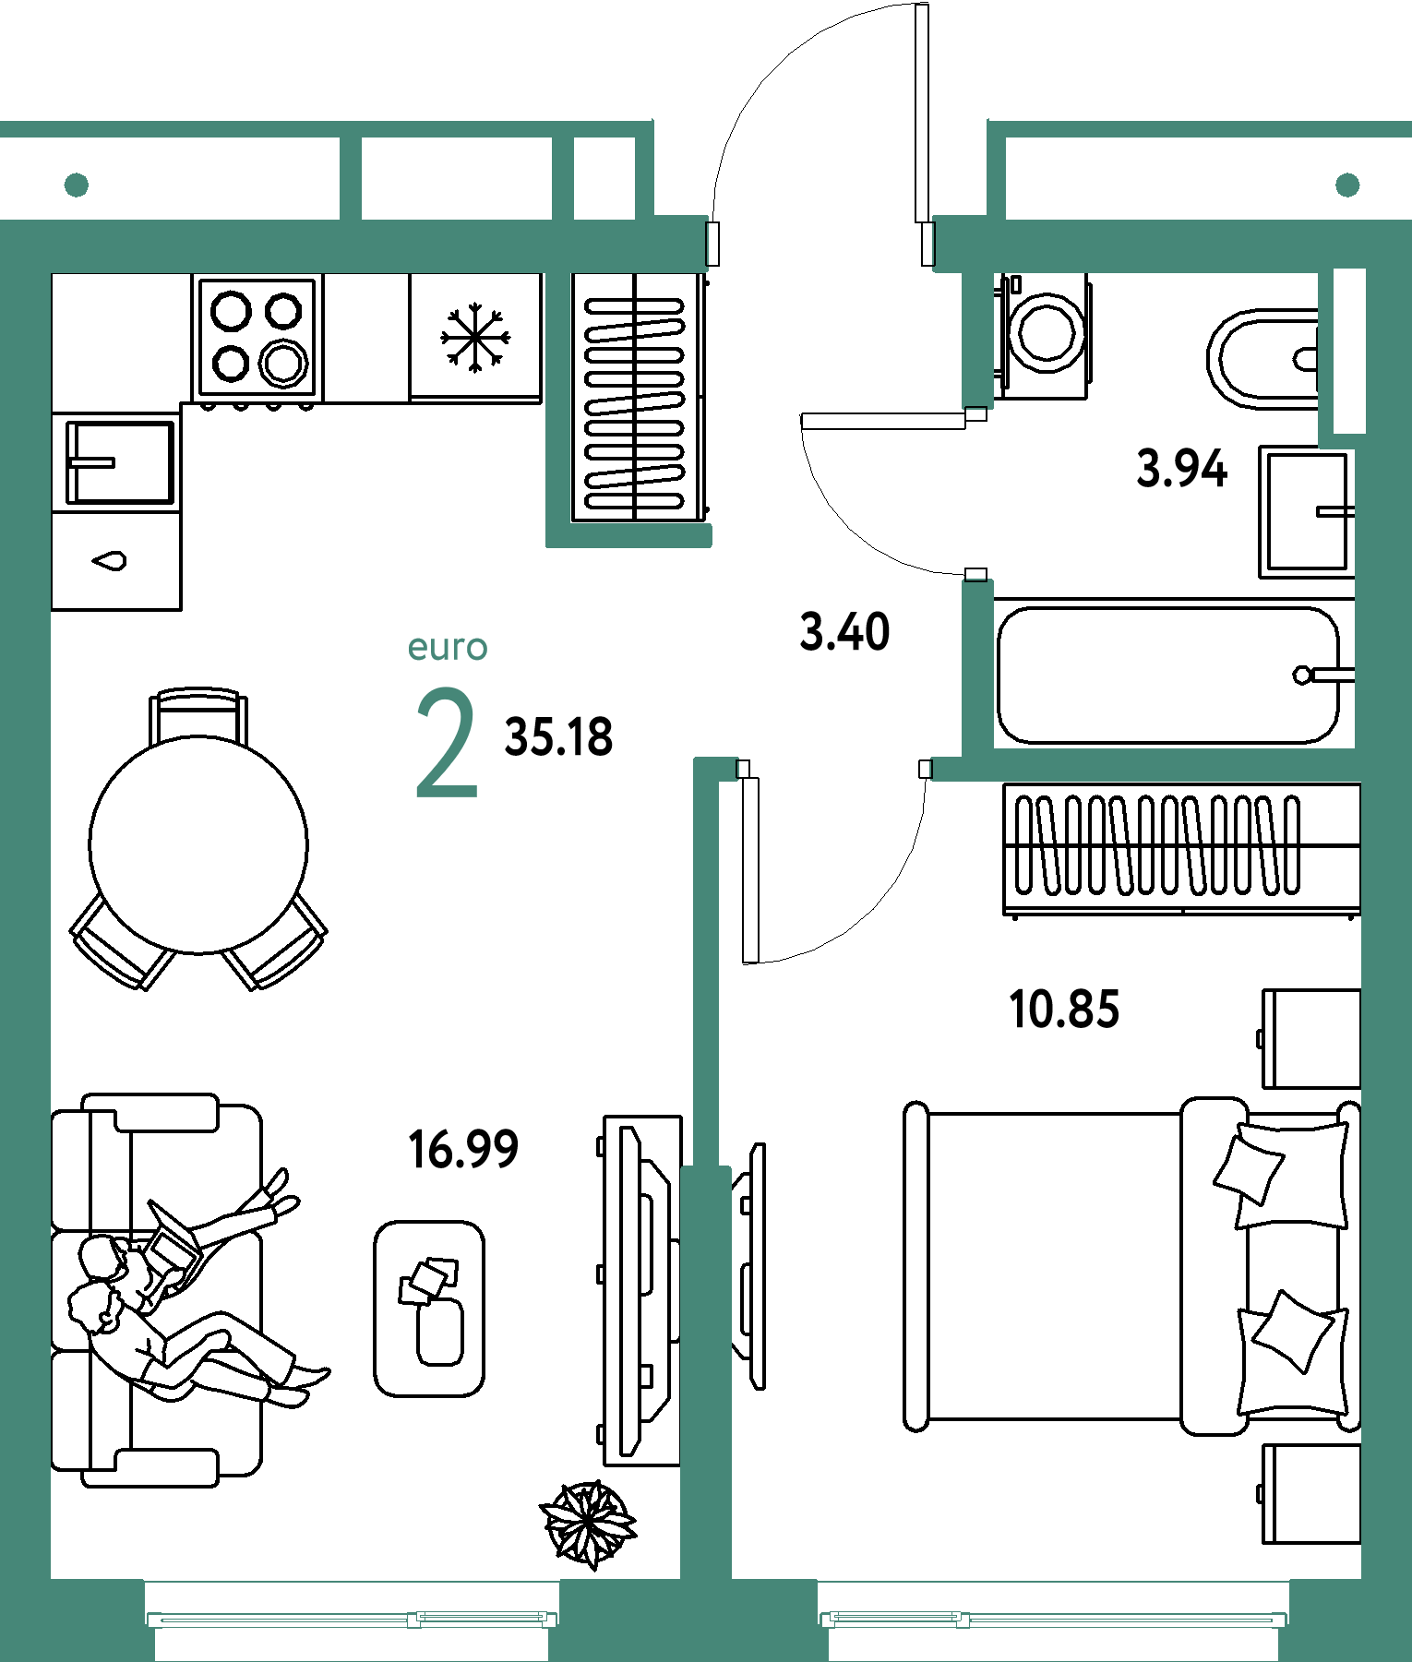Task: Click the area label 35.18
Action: coord(558,737)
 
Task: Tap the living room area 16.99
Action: coord(463,1149)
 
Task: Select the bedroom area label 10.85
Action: coord(1064,1009)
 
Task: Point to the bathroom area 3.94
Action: coord(1182,468)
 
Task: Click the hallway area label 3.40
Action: coord(844,632)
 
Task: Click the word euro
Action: coord(448,648)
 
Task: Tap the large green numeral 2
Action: coord(447,742)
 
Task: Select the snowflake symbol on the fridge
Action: coord(475,338)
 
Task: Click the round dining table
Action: coord(198,844)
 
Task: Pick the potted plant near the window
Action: coord(588,1524)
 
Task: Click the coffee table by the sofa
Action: coord(429,1309)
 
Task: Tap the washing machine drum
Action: coord(1047,332)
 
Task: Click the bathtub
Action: coord(1168,675)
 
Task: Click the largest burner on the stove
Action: coord(283,362)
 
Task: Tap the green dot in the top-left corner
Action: coord(77,185)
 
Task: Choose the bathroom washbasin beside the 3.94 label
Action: coord(1307,511)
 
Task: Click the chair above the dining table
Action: coord(198,715)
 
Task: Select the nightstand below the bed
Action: coord(1311,1492)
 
